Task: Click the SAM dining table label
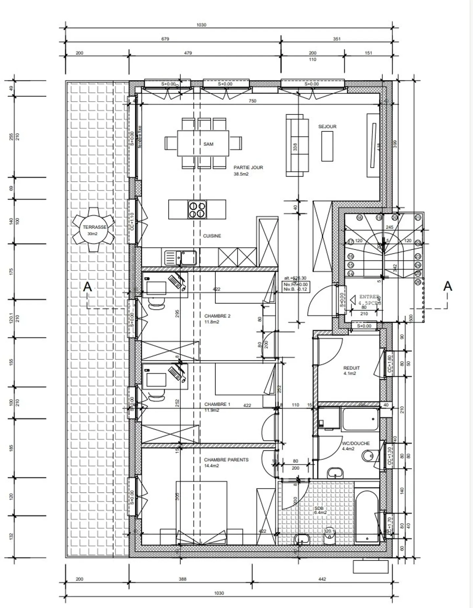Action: (x=208, y=144)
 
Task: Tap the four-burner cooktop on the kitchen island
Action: (x=197, y=209)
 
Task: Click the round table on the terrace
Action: (x=94, y=230)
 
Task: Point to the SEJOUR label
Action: (x=327, y=127)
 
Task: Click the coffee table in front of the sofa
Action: (x=327, y=146)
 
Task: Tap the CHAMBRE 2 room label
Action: (x=217, y=316)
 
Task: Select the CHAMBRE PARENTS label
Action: (x=226, y=460)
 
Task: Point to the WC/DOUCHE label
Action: (x=356, y=443)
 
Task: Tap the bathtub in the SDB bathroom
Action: (x=367, y=516)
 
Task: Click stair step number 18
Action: (x=359, y=218)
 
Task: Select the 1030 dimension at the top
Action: (x=201, y=25)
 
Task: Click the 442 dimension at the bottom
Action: (x=322, y=579)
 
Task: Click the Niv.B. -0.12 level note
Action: (x=295, y=289)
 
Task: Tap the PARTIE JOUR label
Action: (x=248, y=167)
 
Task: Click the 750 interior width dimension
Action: (x=252, y=101)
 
